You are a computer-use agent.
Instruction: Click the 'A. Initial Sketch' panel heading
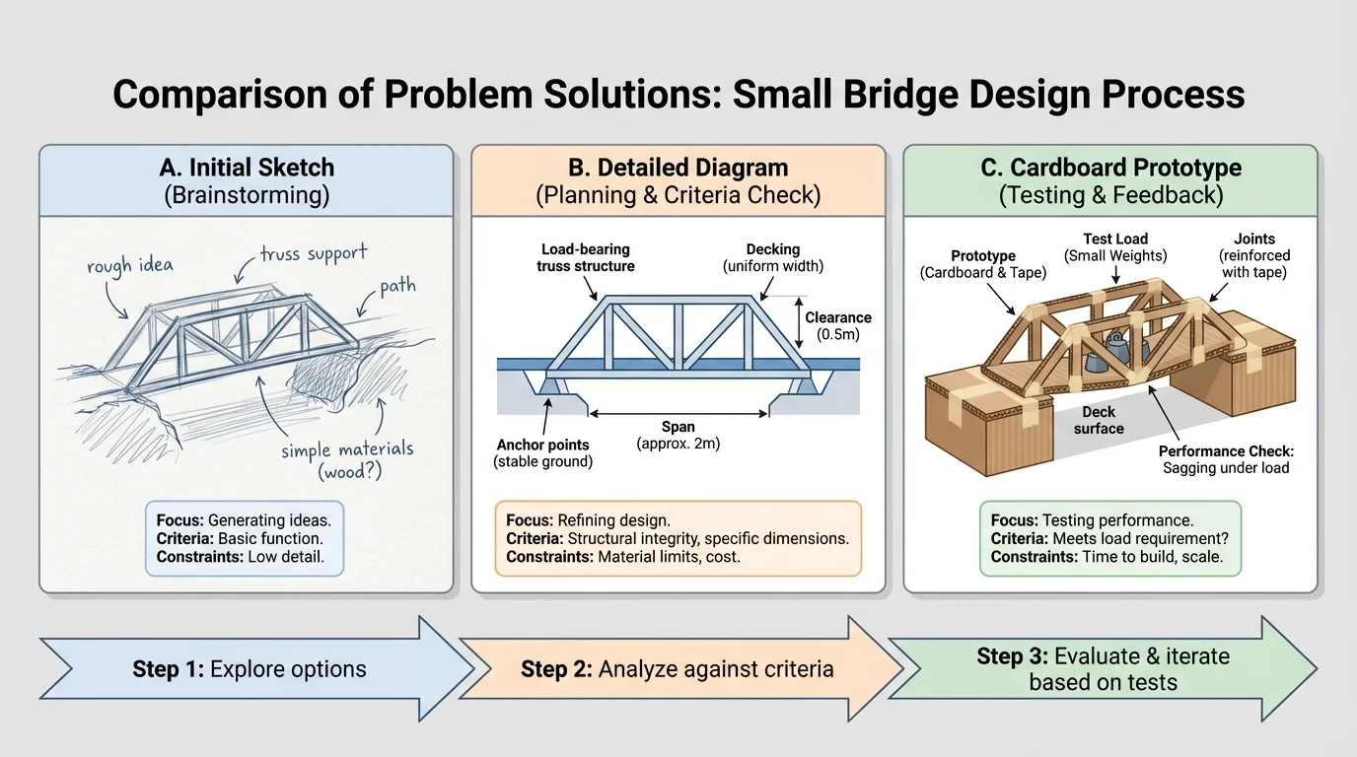pos(247,168)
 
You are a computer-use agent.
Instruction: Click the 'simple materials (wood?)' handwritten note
pos(347,460)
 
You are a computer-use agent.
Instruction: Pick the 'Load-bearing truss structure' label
pos(586,257)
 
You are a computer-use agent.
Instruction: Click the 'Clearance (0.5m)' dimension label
pos(838,326)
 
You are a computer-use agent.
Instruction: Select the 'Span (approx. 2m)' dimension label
pos(678,436)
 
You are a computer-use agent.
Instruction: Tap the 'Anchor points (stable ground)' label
pos(543,452)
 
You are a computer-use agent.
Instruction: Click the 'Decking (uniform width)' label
pos(773,257)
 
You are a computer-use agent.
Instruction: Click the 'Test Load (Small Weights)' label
pos(1115,247)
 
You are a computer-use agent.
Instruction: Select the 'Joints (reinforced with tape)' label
pos(1254,254)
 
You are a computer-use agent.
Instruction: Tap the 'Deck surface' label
pos(1099,420)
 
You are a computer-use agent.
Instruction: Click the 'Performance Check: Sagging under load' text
pos(1226,459)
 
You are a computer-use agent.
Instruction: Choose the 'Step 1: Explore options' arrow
pos(250,669)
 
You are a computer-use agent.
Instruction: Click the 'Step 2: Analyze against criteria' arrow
pos(677,669)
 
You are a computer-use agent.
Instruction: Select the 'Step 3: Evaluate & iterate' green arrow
pos(1103,669)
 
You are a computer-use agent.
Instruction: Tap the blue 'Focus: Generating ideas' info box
pos(245,539)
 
